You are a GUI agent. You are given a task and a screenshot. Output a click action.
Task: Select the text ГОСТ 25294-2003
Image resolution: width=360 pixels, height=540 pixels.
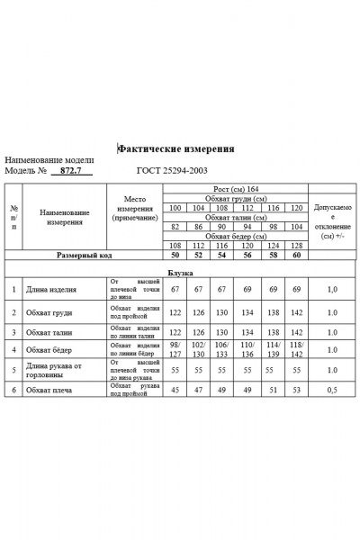click(x=173, y=170)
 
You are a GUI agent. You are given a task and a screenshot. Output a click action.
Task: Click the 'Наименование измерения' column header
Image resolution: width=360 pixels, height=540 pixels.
click(x=65, y=217)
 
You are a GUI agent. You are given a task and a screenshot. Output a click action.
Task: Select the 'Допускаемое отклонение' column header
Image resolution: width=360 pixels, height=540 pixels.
click(x=332, y=221)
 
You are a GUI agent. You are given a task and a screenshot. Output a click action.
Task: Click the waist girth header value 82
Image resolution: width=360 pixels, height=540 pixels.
click(x=175, y=227)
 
